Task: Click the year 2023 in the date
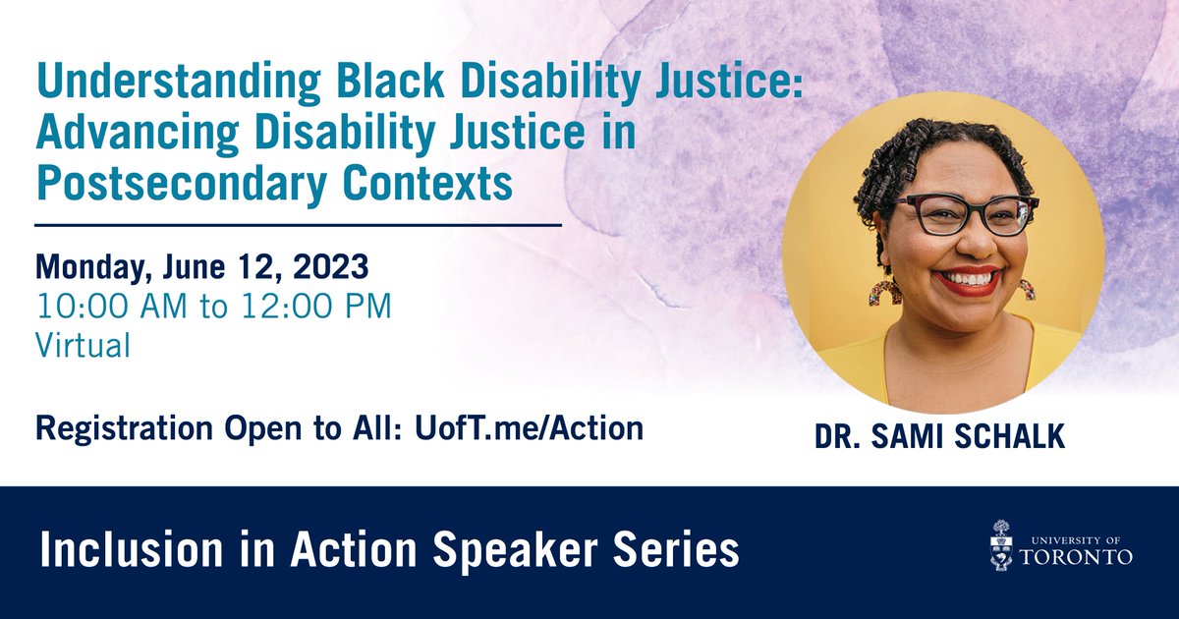pos(330,267)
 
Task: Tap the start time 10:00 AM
pos(112,306)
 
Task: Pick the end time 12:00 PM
pos(316,306)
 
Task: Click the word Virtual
pos(84,346)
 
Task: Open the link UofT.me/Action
pos(529,428)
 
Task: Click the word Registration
pos(124,429)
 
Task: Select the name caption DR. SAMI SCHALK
pos(940,436)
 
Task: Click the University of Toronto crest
pos(1001,546)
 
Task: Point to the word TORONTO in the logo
pos(1077,557)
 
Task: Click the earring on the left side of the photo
pos(884,293)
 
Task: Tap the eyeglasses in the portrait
pos(967,214)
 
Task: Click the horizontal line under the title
pos(299,225)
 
